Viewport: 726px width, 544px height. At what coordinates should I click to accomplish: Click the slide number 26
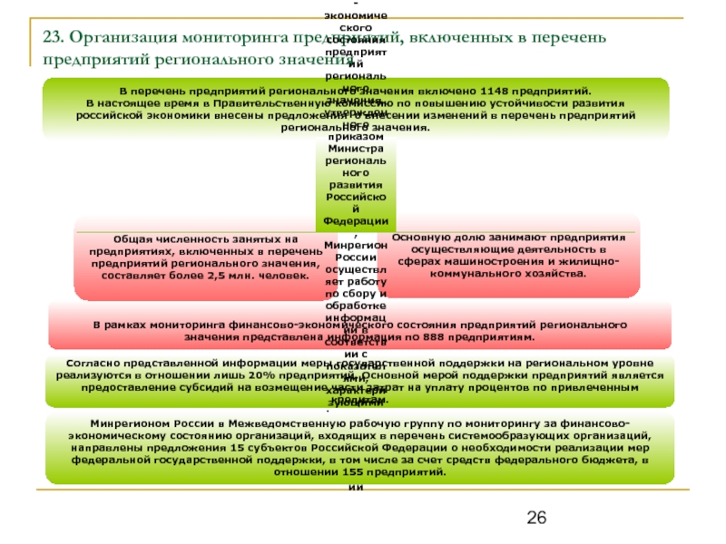[536, 519]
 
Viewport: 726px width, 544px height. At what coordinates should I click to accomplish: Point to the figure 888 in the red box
[451, 337]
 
